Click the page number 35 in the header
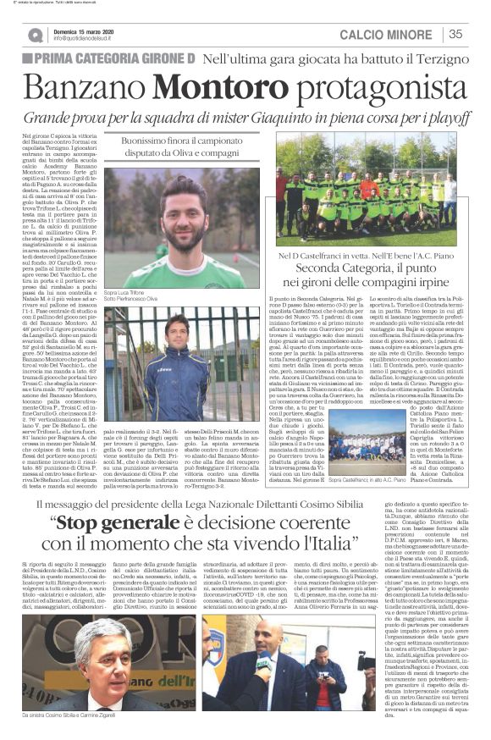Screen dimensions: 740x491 coord(455,35)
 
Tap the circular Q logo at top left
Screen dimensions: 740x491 coord(35,35)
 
